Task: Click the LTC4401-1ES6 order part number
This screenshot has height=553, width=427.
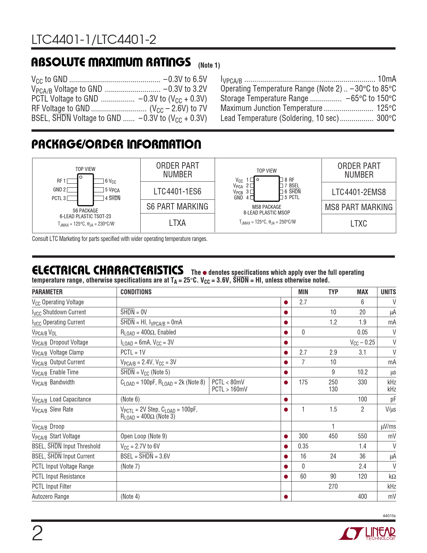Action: [177, 191]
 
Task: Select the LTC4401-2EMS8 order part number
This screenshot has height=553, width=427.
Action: [359, 192]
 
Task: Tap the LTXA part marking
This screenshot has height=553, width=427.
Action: [177, 223]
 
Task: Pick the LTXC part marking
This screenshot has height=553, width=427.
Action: [359, 224]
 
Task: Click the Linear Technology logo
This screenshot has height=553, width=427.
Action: [367, 534]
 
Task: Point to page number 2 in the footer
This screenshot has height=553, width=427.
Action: [37, 534]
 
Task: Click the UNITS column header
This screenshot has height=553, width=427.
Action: [388, 292]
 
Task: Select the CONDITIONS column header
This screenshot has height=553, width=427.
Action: [136, 292]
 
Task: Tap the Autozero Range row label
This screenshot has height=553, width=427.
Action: [51, 496]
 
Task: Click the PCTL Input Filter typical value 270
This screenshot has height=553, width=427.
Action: [333, 486]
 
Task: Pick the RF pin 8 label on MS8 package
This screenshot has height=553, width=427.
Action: [289, 180]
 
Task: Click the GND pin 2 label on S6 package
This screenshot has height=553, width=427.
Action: [59, 190]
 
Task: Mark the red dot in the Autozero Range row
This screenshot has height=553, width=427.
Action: [286, 497]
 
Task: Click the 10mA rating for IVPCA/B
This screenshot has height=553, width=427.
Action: [387, 79]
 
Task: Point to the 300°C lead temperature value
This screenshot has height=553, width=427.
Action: [386, 118]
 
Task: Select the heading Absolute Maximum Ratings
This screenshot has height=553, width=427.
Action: [111, 62]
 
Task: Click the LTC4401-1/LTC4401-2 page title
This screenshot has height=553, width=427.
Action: [94, 40]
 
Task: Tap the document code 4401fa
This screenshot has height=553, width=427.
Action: [388, 516]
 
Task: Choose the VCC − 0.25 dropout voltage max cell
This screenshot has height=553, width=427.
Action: [362, 342]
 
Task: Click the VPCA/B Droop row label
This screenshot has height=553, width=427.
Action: [48, 426]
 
